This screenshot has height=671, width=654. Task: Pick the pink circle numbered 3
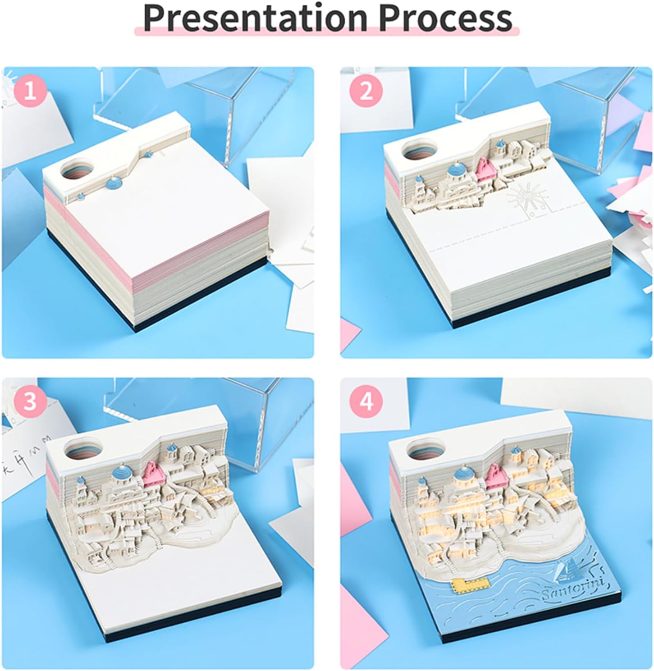30,401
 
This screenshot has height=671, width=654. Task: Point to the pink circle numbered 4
367,401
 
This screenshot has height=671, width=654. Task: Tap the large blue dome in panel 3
122,473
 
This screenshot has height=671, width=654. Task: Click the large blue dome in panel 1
113,183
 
